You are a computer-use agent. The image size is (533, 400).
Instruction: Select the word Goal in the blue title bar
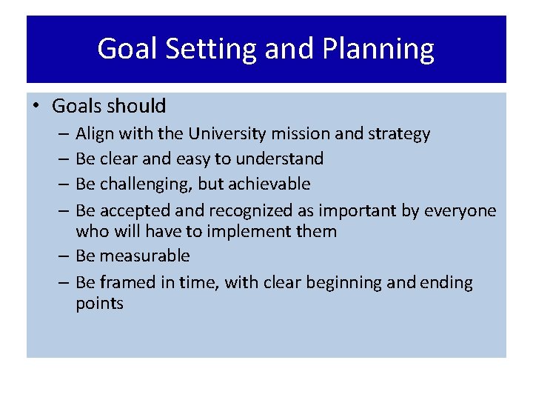click(x=127, y=50)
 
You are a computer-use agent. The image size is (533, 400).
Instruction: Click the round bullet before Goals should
click(x=36, y=106)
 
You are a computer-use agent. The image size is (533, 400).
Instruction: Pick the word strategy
click(x=400, y=134)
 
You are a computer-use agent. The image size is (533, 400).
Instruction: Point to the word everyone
click(x=460, y=211)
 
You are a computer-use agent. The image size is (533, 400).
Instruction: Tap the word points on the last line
click(x=99, y=304)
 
